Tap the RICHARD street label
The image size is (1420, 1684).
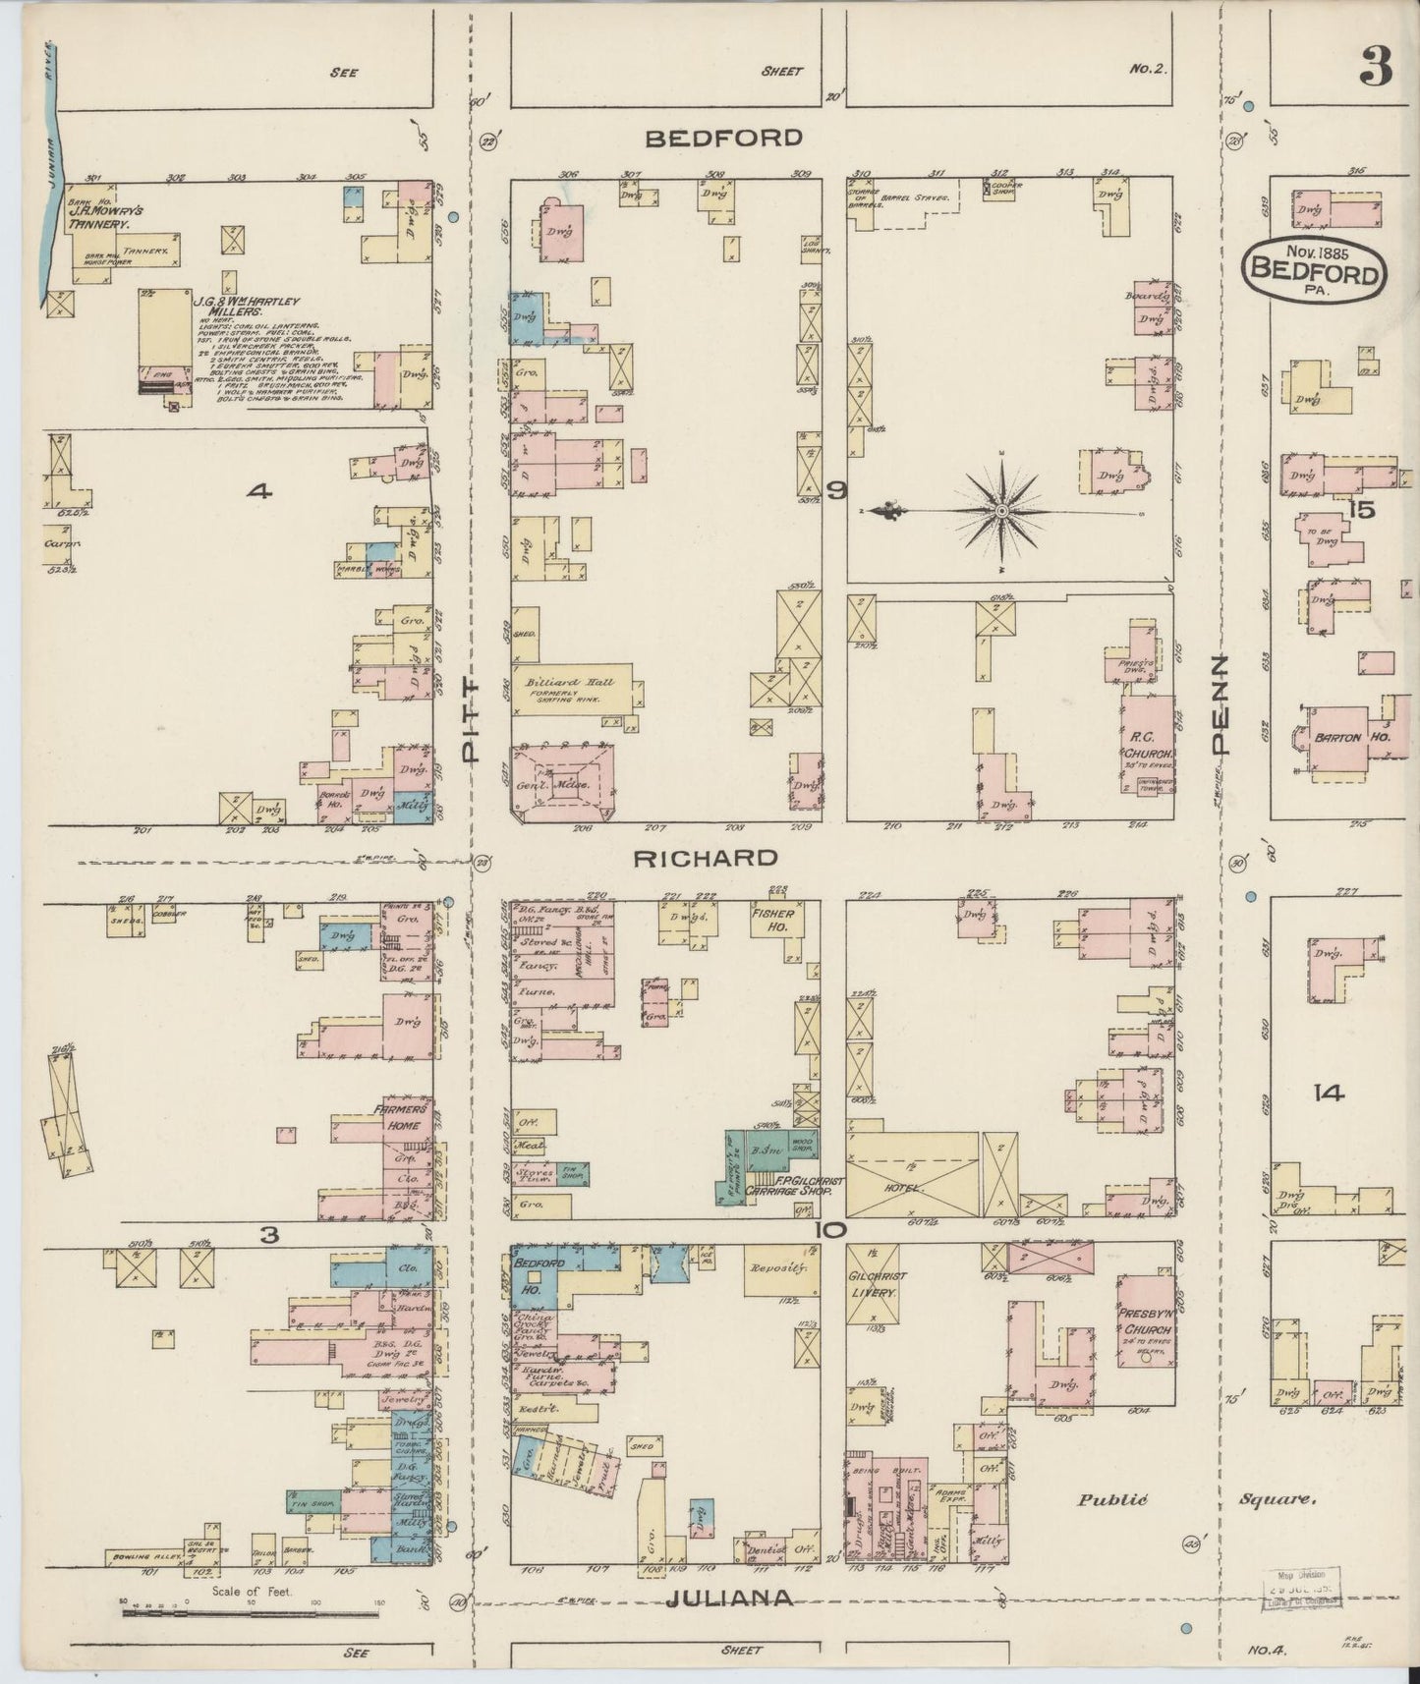pyautogui.click(x=705, y=858)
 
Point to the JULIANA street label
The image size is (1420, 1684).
pyautogui.click(x=729, y=1599)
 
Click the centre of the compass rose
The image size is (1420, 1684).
pyautogui.click(x=1000, y=511)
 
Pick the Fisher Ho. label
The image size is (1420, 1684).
pyautogui.click(x=772, y=921)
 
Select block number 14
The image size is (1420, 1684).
pyautogui.click(x=1333, y=1093)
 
